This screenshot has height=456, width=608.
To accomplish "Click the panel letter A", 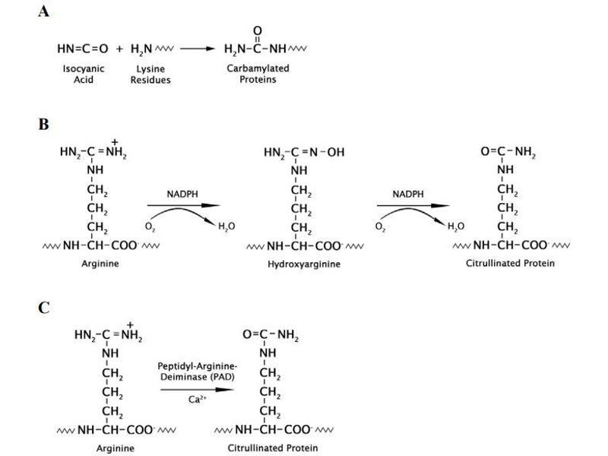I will click(x=44, y=13).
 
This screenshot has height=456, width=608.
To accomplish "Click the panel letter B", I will click(x=44, y=124).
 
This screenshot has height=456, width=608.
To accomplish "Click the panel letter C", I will click(x=44, y=308).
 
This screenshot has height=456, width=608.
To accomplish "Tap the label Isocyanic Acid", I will click(x=84, y=74).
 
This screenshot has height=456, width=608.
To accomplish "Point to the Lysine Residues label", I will click(x=150, y=74).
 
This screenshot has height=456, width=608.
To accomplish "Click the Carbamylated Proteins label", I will click(x=258, y=74).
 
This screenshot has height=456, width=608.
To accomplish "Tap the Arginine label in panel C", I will click(x=116, y=448).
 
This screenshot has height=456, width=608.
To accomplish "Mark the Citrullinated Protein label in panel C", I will click(x=273, y=448).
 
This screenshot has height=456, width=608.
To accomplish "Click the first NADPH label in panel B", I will click(x=182, y=195).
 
